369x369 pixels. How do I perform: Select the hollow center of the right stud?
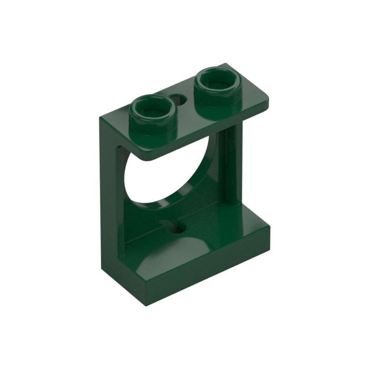[x=216, y=81]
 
